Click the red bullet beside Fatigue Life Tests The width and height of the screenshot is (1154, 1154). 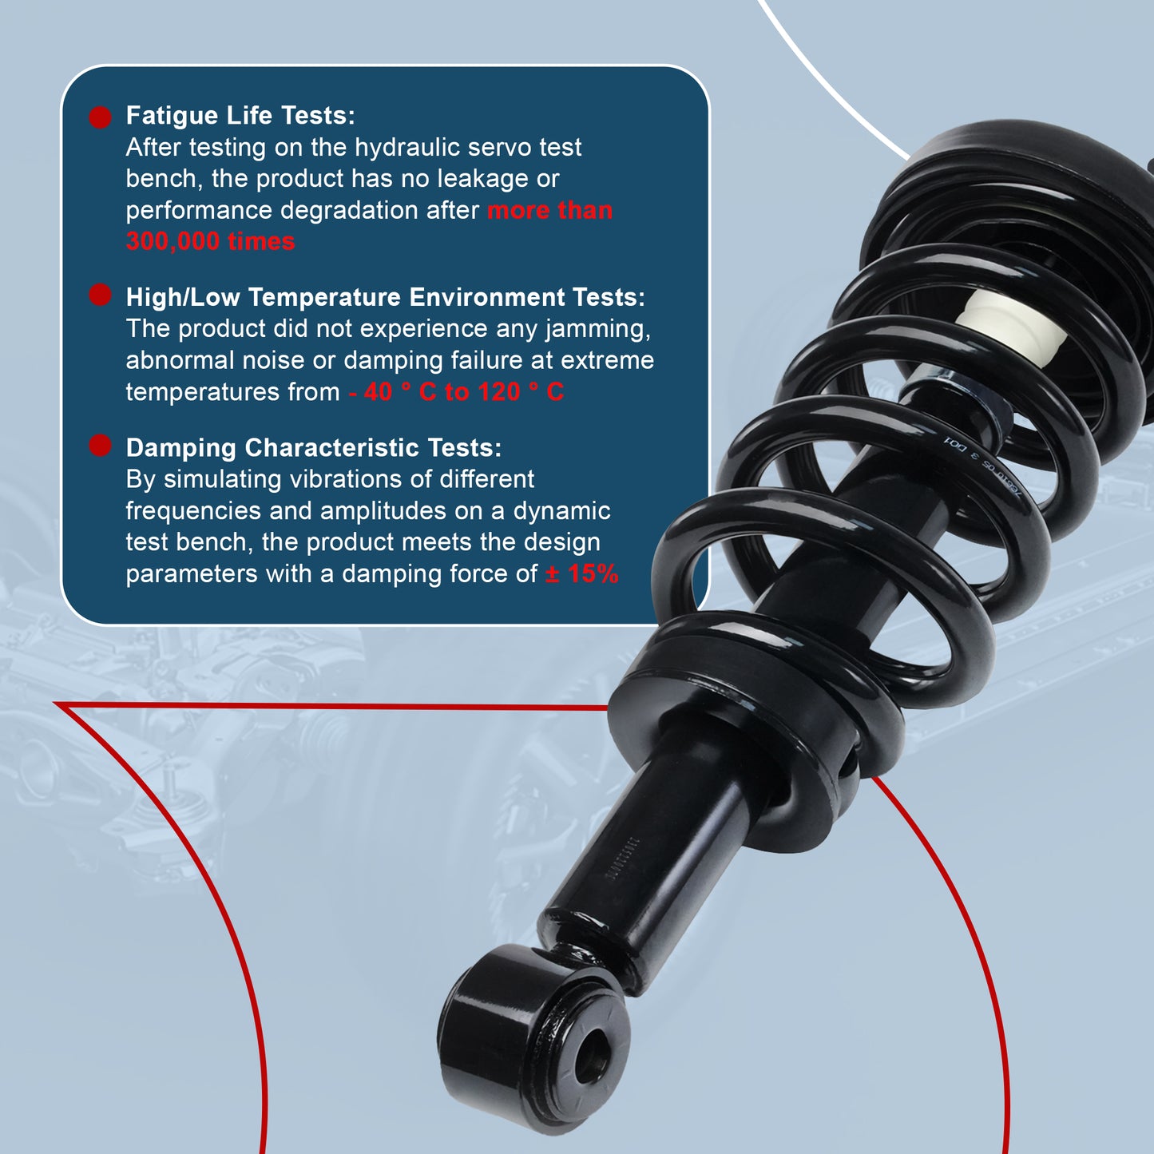tap(100, 117)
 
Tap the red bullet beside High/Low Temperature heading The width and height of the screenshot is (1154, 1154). tap(100, 295)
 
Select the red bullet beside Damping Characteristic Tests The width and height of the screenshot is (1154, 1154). tap(100, 446)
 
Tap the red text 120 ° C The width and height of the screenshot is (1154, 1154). tap(521, 392)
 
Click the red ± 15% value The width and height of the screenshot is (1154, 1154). tap(581, 574)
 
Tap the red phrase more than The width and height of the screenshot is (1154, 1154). tap(549, 211)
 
